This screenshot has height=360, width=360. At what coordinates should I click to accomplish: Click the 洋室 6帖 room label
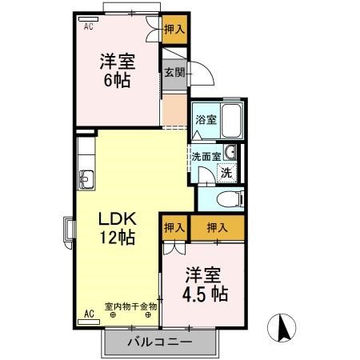pos(116,70)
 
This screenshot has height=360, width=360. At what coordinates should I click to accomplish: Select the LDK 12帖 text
pos(116,226)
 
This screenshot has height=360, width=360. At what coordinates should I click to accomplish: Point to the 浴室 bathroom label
pos(206,120)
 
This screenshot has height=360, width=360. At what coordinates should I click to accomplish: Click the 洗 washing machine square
pos(227,172)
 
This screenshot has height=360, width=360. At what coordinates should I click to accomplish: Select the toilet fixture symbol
pos(225,199)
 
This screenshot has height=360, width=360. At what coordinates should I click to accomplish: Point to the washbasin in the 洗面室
pos(230,153)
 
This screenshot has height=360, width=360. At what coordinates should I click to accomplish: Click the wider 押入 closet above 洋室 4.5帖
pos(217,228)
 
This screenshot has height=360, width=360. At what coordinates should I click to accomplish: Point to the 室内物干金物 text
pos(132,306)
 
